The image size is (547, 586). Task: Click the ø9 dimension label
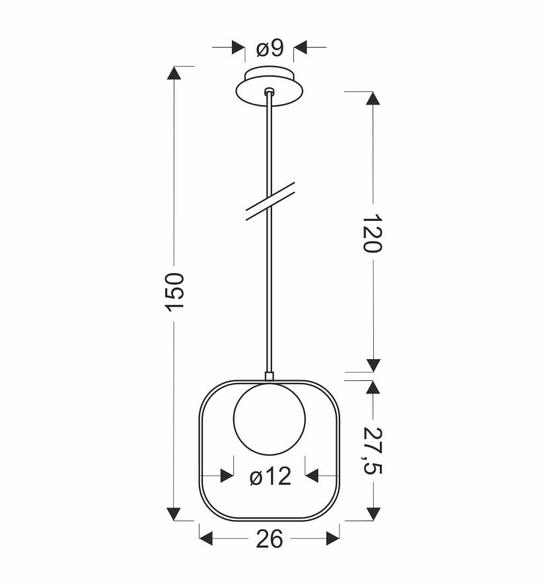[270, 48]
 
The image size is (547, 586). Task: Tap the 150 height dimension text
[174, 292]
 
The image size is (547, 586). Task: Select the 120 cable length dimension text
[373, 233]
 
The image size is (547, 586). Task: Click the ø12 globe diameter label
[270, 476]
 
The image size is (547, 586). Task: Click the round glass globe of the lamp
[270, 420]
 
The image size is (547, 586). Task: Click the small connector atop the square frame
[269, 376]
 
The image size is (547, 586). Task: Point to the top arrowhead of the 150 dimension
[174, 73]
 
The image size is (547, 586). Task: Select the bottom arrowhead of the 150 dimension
[174, 513]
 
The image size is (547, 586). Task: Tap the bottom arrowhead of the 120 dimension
[373, 364]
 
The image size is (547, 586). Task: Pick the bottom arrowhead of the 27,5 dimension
[373, 513]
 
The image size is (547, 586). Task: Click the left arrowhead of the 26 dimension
[207, 540]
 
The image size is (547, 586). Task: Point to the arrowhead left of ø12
[227, 476]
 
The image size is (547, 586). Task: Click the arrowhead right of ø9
[301, 48]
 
